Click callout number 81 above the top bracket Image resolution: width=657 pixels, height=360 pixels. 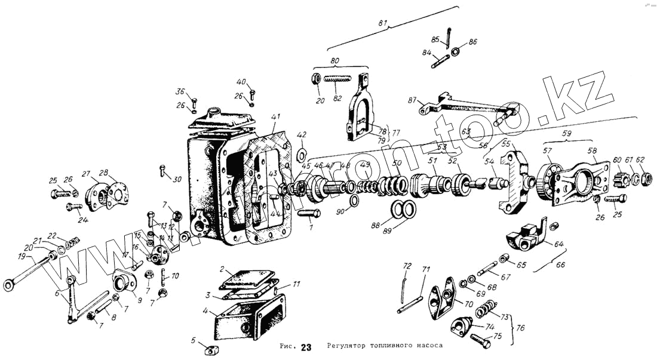(383, 23)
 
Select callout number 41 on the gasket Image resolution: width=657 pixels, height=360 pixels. (275, 116)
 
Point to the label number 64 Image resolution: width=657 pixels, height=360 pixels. (559, 244)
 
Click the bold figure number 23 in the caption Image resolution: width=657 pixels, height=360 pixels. (306, 347)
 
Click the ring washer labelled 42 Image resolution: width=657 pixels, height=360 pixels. (302, 156)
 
